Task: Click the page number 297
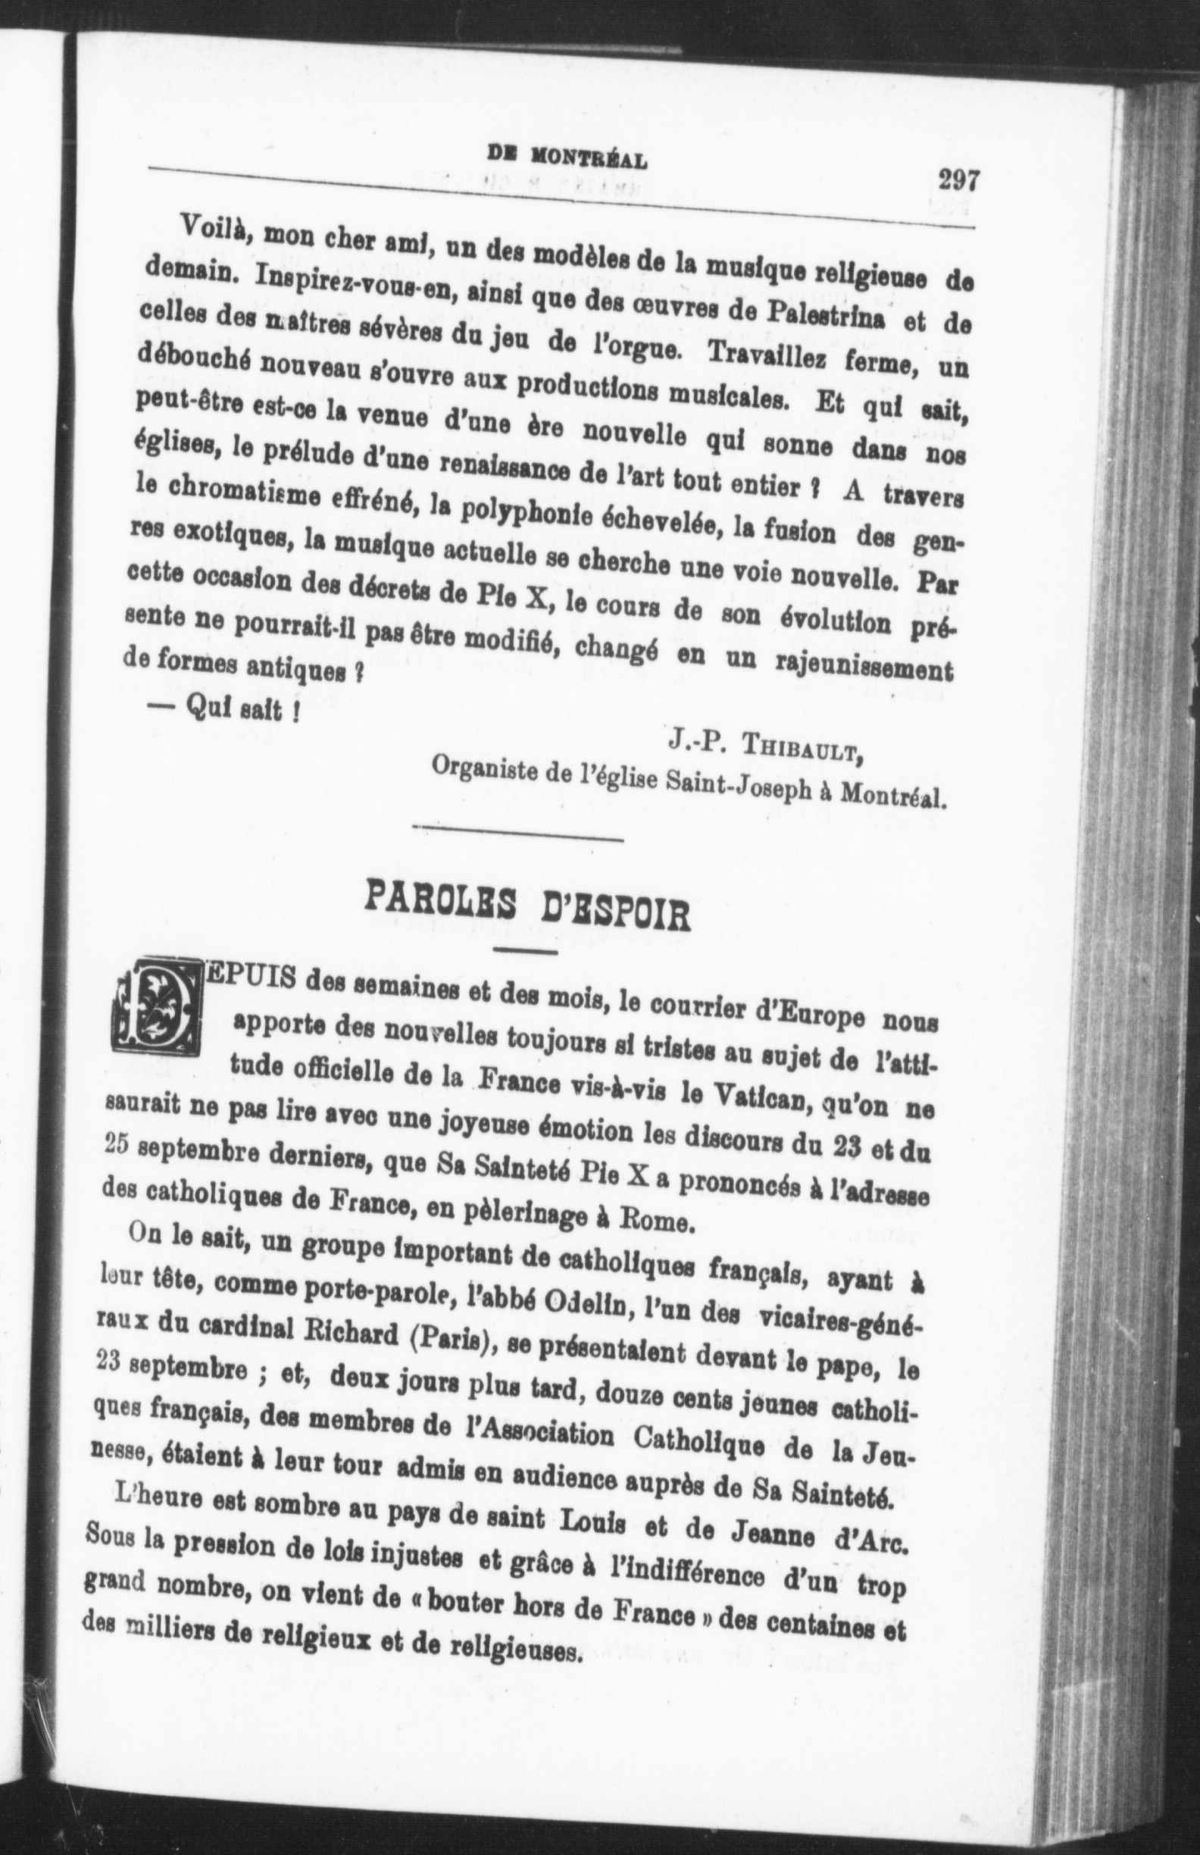958,182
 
